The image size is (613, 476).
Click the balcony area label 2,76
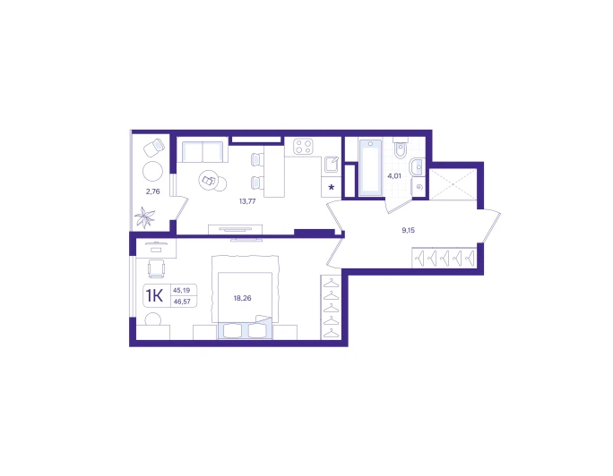point(153,191)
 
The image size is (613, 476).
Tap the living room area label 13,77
point(247,201)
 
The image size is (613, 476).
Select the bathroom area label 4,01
point(394,176)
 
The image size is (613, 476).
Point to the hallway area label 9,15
point(408,230)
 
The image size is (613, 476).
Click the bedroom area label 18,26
point(242,298)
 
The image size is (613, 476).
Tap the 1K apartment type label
point(154,296)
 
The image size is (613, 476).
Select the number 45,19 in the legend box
point(181,290)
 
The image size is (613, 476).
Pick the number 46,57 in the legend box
point(182,302)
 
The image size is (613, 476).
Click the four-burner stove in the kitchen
point(304,147)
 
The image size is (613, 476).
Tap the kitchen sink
point(332,165)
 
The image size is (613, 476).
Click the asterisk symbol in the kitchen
point(331,187)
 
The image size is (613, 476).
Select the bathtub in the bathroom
point(370,167)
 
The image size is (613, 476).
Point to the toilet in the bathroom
point(401,148)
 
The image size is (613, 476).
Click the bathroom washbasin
point(417,167)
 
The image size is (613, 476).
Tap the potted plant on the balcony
point(144,217)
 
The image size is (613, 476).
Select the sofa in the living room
point(203,150)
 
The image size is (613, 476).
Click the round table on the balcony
point(153,171)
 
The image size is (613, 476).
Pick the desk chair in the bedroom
point(156,268)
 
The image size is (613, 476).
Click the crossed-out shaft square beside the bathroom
point(453,184)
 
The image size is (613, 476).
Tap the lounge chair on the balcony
point(154,148)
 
